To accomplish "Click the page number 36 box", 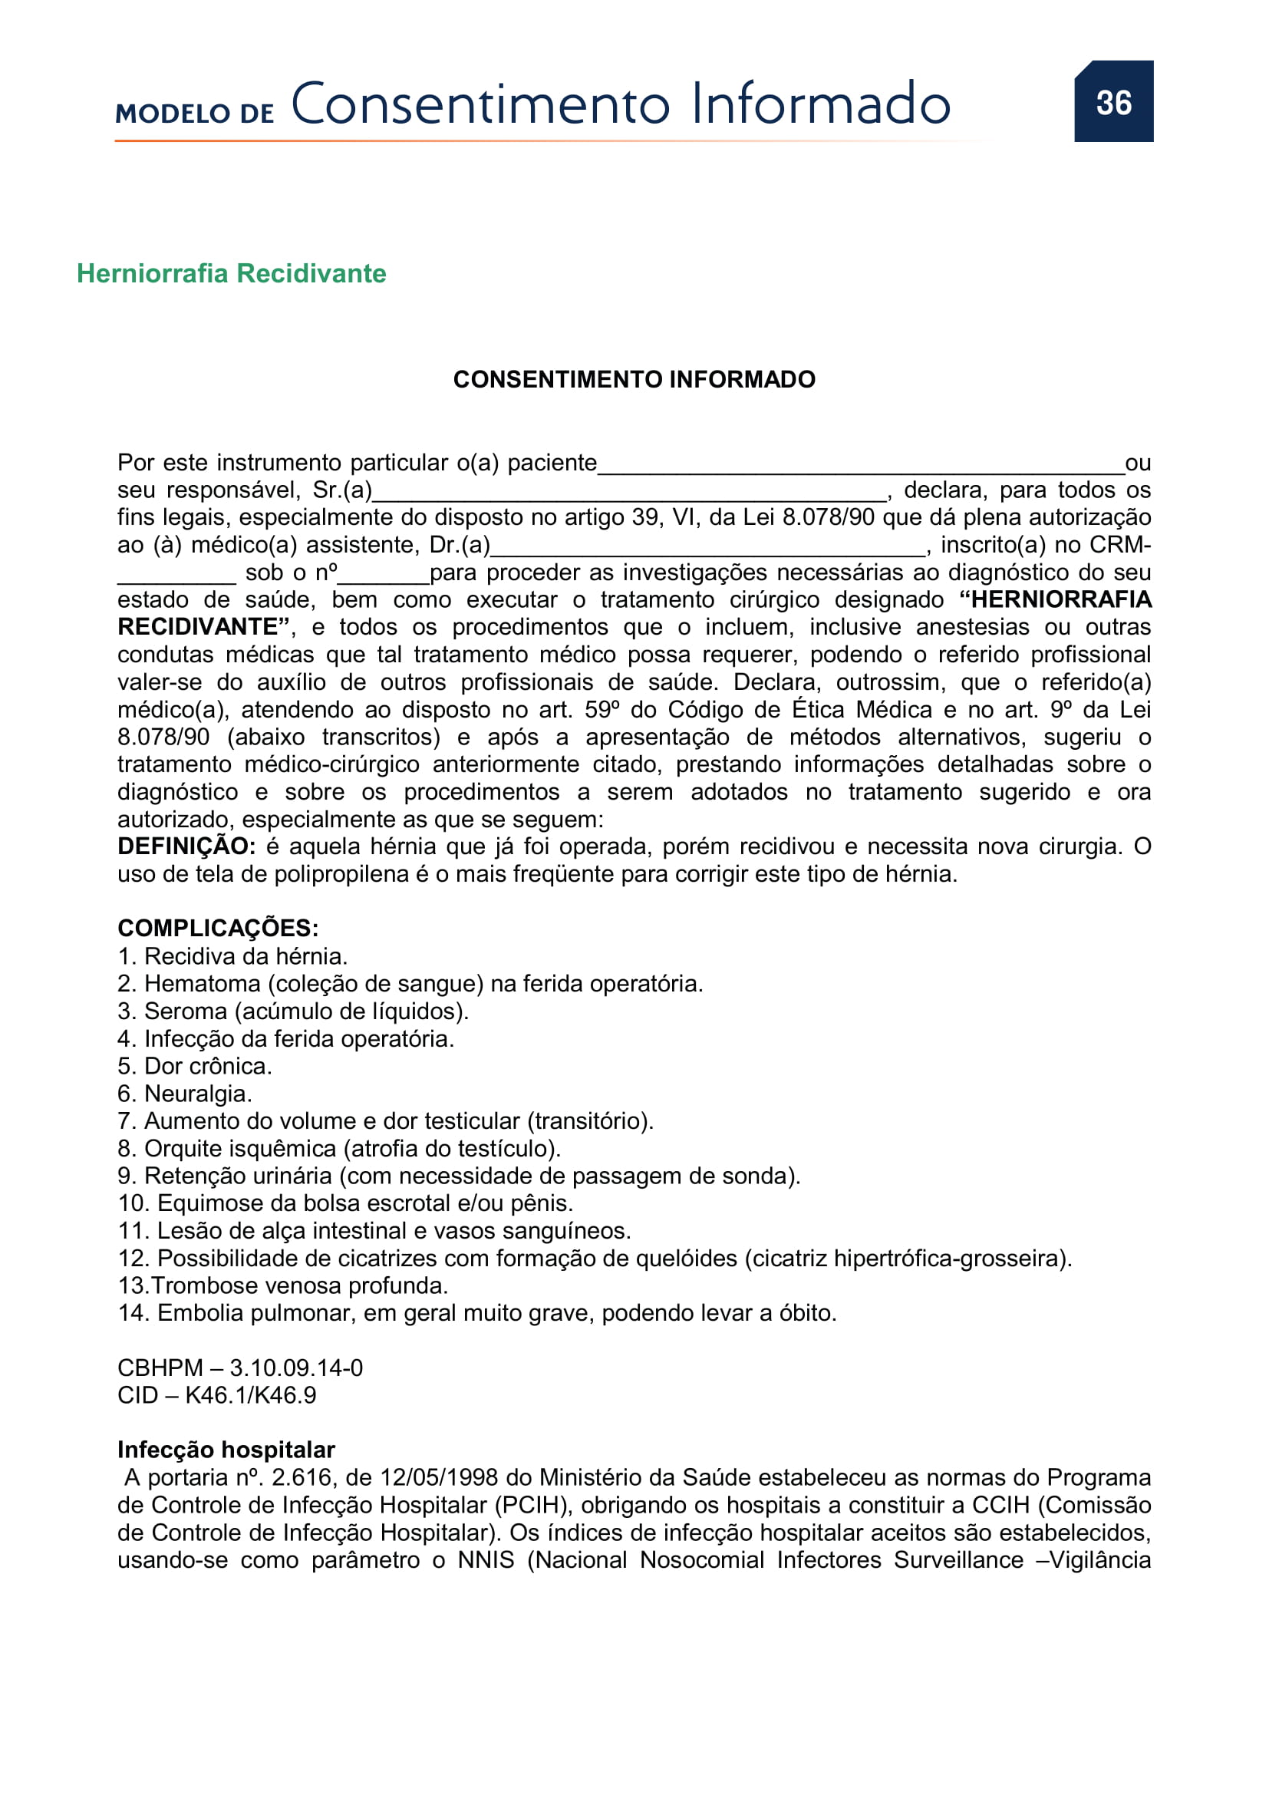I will [1112, 101].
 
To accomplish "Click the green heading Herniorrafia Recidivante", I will [231, 274].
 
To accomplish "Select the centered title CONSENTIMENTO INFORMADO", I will [634, 379].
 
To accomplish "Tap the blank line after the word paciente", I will [859, 468].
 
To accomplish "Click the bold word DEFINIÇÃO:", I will [186, 846].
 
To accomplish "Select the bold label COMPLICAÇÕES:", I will [218, 928].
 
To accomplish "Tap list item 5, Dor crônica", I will [195, 1067].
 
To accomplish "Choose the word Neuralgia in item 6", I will [197, 1094].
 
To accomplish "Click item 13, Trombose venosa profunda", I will [283, 1286].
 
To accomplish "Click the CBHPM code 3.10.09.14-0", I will [296, 1368].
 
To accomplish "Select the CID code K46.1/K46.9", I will [250, 1395].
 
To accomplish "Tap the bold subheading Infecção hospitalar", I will [226, 1450].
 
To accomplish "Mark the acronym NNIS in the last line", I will [485, 1559].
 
